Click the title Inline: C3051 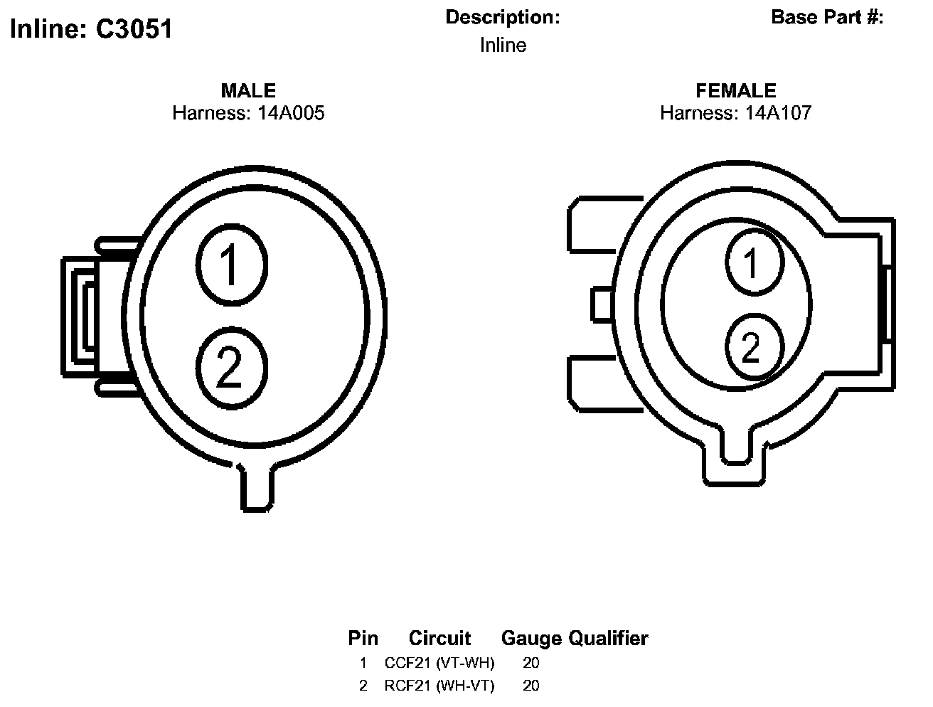point(91,29)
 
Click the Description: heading point(503,18)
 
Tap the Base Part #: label point(827,18)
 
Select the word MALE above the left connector point(248,90)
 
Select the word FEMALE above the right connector point(736,90)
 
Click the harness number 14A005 point(291,113)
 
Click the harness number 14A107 point(778,113)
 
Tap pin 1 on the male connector point(232,265)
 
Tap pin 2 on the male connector point(232,368)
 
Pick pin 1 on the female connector point(755,262)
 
